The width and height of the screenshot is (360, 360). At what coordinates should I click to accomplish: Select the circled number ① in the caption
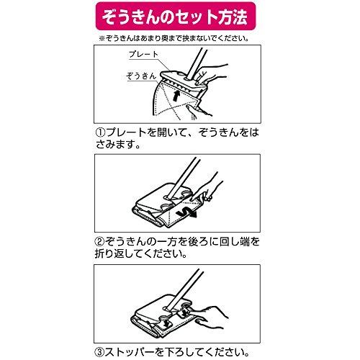(101, 133)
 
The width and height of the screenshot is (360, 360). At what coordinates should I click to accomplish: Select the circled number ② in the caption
(101, 242)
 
